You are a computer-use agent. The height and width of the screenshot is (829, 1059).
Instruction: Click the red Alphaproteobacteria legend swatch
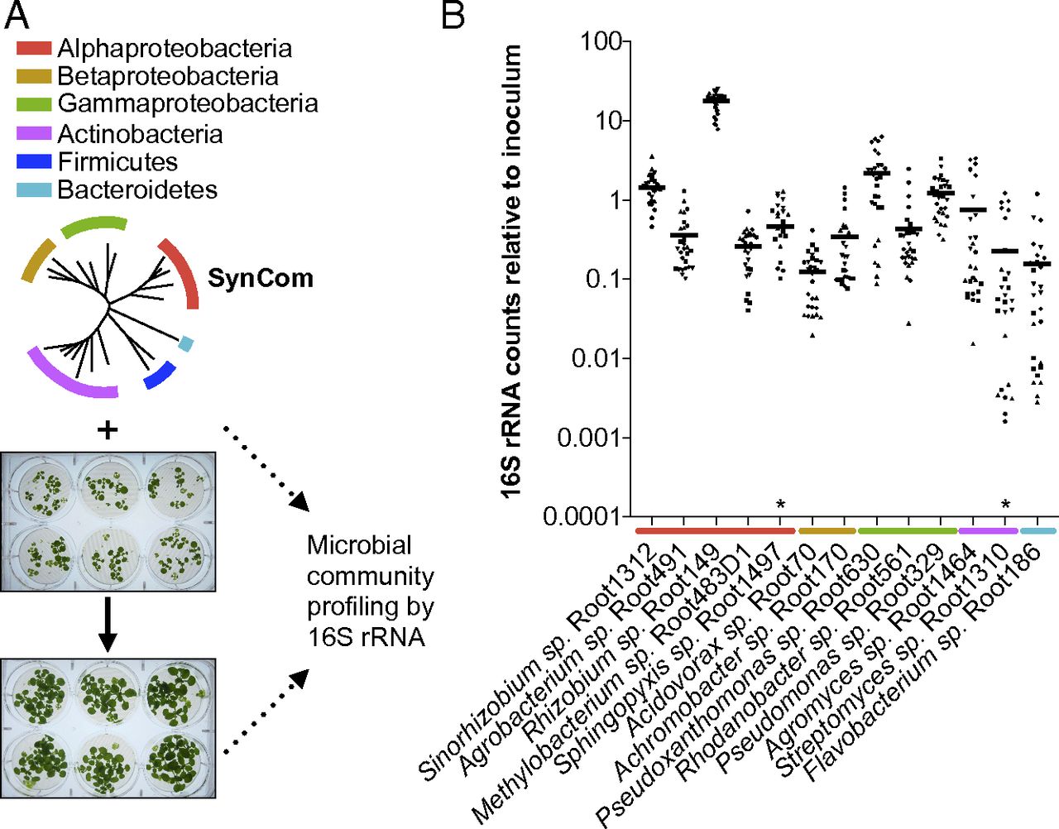34,48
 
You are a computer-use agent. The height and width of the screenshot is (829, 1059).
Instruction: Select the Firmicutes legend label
117,161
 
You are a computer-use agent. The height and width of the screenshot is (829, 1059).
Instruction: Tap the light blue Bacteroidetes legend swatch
34,190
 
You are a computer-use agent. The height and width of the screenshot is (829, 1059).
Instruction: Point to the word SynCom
260,278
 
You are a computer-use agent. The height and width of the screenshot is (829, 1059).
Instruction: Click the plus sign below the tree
108,429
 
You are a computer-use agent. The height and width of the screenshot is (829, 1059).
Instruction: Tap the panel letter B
453,15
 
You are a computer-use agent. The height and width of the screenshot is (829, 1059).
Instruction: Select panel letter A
17,15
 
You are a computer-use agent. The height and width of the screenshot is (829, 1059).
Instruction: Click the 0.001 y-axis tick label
587,438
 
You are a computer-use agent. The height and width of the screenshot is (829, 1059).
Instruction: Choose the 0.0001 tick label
581,516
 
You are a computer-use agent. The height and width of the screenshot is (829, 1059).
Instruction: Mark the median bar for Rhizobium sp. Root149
716,100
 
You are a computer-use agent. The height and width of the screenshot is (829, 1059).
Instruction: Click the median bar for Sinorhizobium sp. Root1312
652,188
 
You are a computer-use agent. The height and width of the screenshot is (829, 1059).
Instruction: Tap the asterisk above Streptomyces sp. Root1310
1005,505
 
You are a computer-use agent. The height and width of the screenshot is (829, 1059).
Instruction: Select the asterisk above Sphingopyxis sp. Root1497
780,505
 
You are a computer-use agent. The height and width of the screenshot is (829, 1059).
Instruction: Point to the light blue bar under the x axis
1038,530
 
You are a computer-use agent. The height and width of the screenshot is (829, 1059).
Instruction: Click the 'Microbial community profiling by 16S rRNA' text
370,591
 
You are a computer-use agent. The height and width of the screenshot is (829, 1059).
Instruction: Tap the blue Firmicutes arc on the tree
160,376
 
